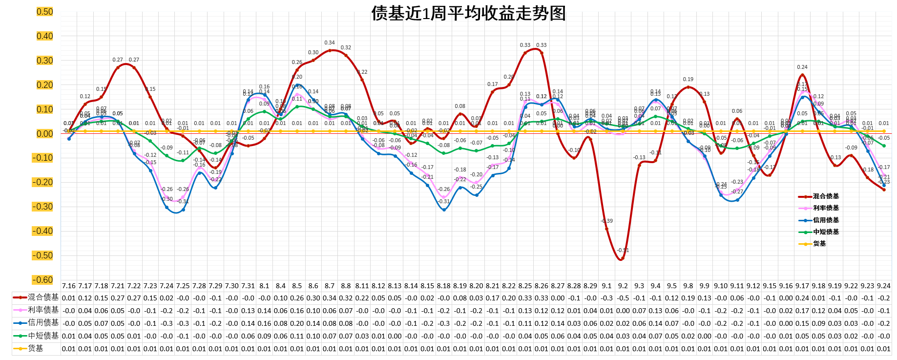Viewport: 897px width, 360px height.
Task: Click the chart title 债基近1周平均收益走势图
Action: coord(468,13)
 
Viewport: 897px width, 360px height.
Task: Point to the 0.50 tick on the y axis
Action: coord(44,12)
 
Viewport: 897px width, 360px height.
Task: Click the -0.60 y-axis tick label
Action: coord(43,280)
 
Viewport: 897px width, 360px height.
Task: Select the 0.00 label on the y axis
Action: coord(44,134)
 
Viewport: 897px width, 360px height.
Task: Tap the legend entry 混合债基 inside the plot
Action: coord(826,196)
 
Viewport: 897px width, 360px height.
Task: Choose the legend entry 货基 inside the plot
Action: coord(819,244)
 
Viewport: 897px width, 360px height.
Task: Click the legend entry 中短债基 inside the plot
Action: coord(826,232)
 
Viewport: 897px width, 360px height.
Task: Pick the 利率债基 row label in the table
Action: coord(43,310)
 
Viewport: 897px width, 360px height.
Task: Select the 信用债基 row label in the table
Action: coord(43,322)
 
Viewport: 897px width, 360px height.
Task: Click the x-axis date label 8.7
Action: coord(330,286)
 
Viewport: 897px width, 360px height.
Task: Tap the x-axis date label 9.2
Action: coord(623,286)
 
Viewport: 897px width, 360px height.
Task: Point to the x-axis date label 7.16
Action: coord(69,286)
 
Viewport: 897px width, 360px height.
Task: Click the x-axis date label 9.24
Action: coord(883,286)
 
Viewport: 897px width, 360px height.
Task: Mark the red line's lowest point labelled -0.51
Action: coord(622,258)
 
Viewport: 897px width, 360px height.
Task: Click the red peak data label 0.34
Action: coord(330,43)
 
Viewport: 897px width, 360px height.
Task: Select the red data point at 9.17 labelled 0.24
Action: coord(802,75)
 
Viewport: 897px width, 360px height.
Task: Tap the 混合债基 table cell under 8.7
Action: coord(330,298)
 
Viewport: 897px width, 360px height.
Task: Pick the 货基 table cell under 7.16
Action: coord(69,349)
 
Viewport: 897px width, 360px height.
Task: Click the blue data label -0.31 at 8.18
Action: coord(444,202)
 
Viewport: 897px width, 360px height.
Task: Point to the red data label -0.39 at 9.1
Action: coord(606,221)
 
